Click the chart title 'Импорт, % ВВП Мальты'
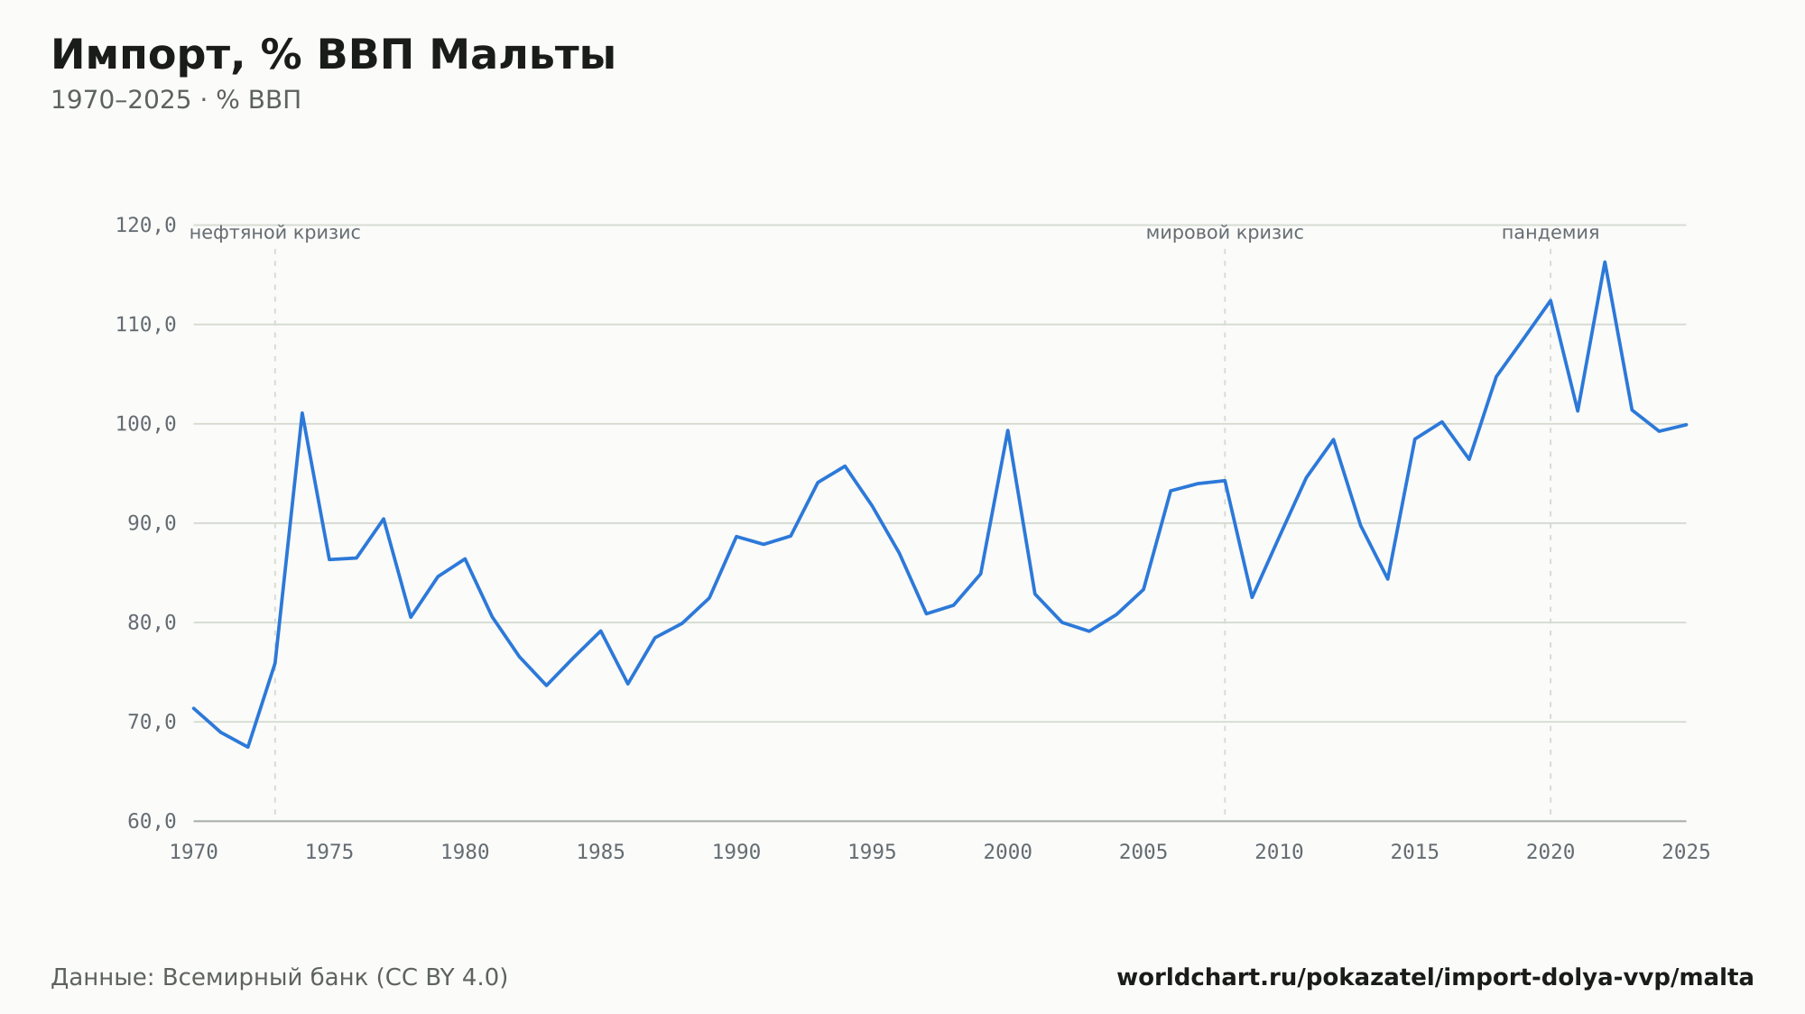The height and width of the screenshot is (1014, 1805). (333, 55)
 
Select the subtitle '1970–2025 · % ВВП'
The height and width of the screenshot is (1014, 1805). (176, 100)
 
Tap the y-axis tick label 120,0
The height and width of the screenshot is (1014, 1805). (145, 226)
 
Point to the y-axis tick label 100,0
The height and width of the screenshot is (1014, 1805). (145, 424)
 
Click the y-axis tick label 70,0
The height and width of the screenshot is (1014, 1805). (152, 722)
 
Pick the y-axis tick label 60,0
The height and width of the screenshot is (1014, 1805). (152, 821)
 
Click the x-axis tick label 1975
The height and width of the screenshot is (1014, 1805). (329, 853)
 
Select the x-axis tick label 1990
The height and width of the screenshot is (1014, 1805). (736, 853)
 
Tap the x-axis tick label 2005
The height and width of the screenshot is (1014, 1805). (1143, 853)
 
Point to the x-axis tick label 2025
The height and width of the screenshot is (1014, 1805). (1686, 853)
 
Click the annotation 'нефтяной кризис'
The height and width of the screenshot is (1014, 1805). (275, 233)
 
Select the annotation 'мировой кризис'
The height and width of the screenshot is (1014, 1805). (1225, 233)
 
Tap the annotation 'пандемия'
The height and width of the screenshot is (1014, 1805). (1550, 233)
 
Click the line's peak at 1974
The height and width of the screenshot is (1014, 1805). (302, 413)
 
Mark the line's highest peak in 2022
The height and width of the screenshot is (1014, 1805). (1605, 263)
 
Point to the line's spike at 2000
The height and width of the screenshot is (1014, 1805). (1007, 430)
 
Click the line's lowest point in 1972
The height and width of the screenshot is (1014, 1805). (248, 747)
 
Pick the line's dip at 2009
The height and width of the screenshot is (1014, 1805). (1252, 597)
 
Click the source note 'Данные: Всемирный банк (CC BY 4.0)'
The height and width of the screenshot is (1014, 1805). (280, 978)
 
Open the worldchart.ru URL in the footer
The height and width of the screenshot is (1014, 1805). (1435, 978)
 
